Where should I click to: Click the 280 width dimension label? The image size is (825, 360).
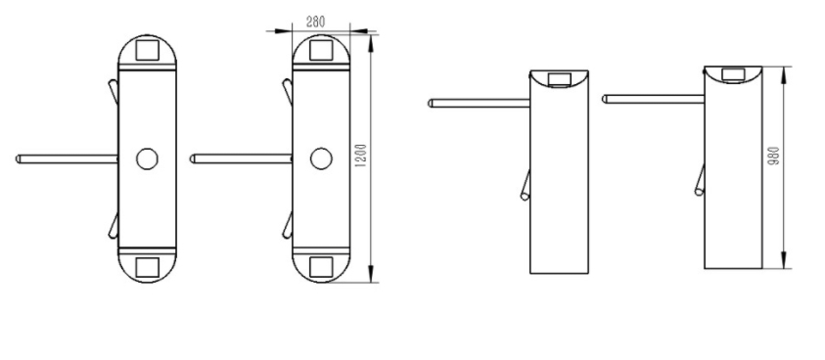tap(315, 22)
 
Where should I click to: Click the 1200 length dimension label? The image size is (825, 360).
tap(360, 156)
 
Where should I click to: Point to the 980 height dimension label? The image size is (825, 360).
tap(773, 156)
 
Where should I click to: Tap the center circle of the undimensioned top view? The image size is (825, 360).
tap(148, 158)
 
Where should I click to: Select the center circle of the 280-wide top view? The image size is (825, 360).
tap(321, 158)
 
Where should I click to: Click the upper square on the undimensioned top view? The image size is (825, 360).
tap(148, 50)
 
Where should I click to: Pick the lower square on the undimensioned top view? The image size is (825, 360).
tap(148, 267)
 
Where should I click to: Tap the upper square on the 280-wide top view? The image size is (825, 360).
tap(321, 50)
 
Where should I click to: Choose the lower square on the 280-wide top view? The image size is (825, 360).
tap(321, 267)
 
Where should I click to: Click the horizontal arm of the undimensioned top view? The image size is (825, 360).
tap(67, 158)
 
